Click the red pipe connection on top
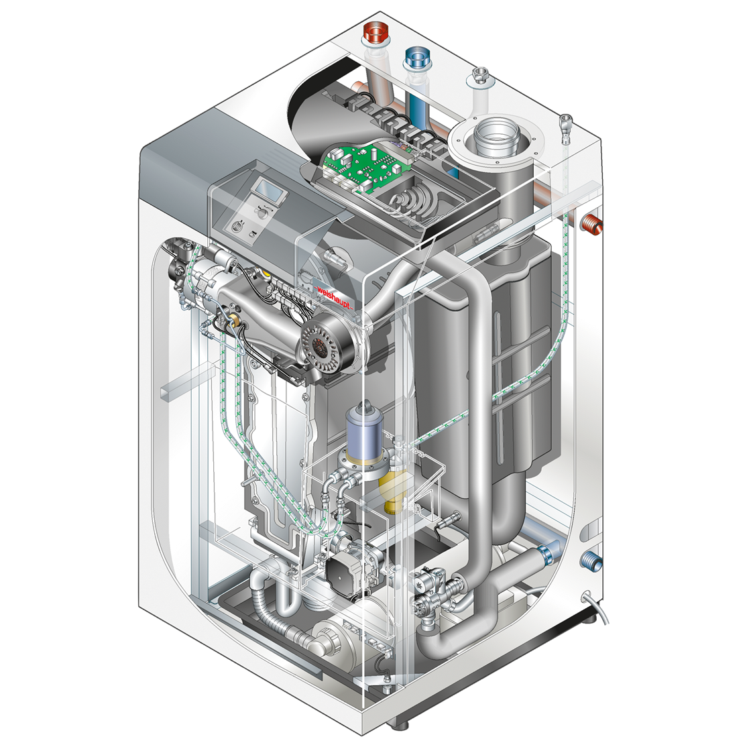[374, 34]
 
